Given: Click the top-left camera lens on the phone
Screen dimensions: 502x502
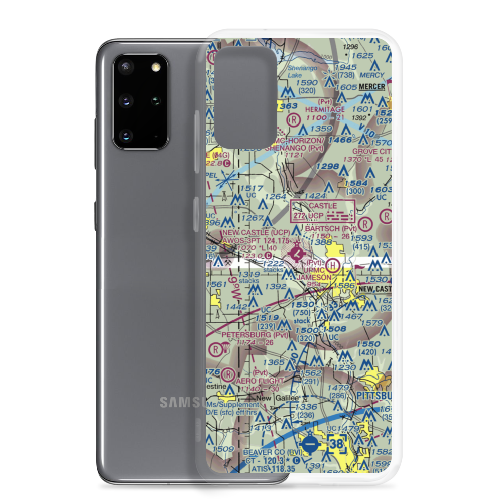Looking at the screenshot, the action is pyautogui.click(x=125, y=67).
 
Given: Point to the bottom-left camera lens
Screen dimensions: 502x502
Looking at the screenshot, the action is pyautogui.click(x=125, y=134).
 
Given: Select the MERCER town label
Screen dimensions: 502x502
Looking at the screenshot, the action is pyautogui.click(x=372, y=87).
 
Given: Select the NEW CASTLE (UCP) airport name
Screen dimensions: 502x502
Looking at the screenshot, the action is pyautogui.click(x=256, y=233).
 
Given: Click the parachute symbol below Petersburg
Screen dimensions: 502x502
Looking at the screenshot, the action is pyautogui.click(x=226, y=347).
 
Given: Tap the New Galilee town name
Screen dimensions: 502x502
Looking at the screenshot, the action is pyautogui.click(x=271, y=398).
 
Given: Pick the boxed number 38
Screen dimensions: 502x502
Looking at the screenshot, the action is pyautogui.click(x=337, y=444).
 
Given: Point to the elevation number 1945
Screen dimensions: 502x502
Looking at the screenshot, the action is pyautogui.click(x=346, y=67).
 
